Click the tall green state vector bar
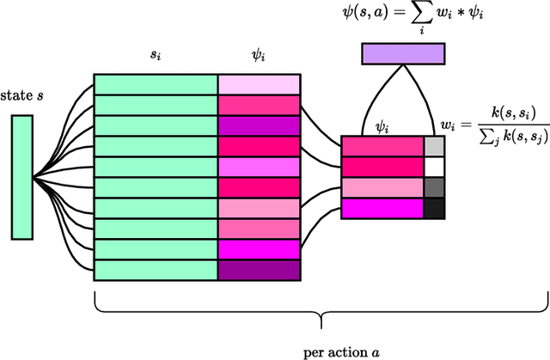coord(22,177)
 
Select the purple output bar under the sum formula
coord(402,55)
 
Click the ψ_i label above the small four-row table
coord(382,126)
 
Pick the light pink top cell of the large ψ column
coord(258,84)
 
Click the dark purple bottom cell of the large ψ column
coord(258,270)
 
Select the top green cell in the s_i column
coord(156,84)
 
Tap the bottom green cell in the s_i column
coord(156,270)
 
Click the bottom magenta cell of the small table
coord(382,208)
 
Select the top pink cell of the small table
coord(382,146)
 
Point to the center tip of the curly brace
coord(320,326)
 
